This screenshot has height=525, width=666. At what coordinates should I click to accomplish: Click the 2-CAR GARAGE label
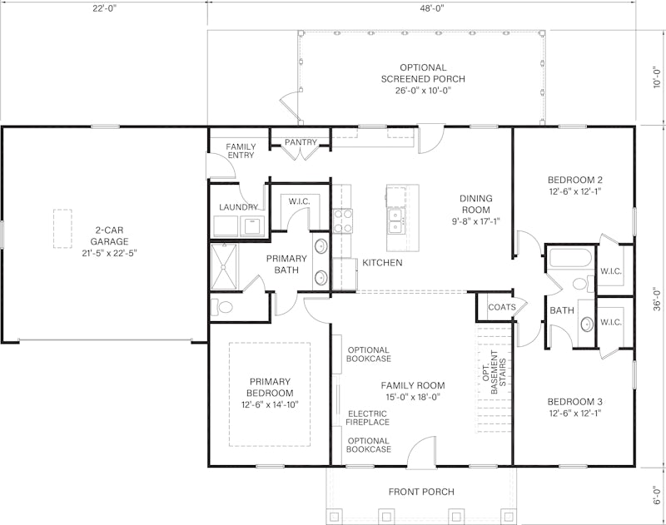(x=109, y=242)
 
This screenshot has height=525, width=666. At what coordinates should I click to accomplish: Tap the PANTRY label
(x=301, y=142)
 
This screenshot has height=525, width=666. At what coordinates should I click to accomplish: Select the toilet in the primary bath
(x=221, y=307)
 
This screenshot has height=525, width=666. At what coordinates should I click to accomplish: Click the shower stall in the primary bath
(x=224, y=267)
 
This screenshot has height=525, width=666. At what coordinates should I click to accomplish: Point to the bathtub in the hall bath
(x=570, y=257)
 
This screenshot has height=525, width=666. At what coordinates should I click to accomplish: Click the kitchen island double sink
(x=396, y=221)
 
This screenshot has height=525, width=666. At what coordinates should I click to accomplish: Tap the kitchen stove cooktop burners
(x=343, y=221)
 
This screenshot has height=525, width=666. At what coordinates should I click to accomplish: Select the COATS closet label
(x=502, y=307)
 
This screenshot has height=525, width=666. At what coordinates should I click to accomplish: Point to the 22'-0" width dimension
(x=105, y=8)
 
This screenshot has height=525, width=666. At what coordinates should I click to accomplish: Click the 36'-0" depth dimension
(x=657, y=300)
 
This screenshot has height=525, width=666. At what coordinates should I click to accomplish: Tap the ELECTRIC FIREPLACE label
(x=367, y=418)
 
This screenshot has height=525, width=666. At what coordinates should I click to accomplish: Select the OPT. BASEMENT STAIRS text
(x=495, y=372)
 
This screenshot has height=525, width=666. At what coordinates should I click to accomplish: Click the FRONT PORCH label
(x=421, y=492)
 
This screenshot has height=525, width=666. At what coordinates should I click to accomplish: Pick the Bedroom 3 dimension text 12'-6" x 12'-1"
(x=574, y=413)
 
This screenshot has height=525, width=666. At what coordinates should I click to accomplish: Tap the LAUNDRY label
(x=238, y=207)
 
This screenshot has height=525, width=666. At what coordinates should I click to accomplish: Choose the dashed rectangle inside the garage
(x=62, y=228)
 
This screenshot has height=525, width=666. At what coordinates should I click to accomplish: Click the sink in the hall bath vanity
(x=587, y=324)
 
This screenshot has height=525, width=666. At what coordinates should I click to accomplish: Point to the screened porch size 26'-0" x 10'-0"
(x=423, y=90)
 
